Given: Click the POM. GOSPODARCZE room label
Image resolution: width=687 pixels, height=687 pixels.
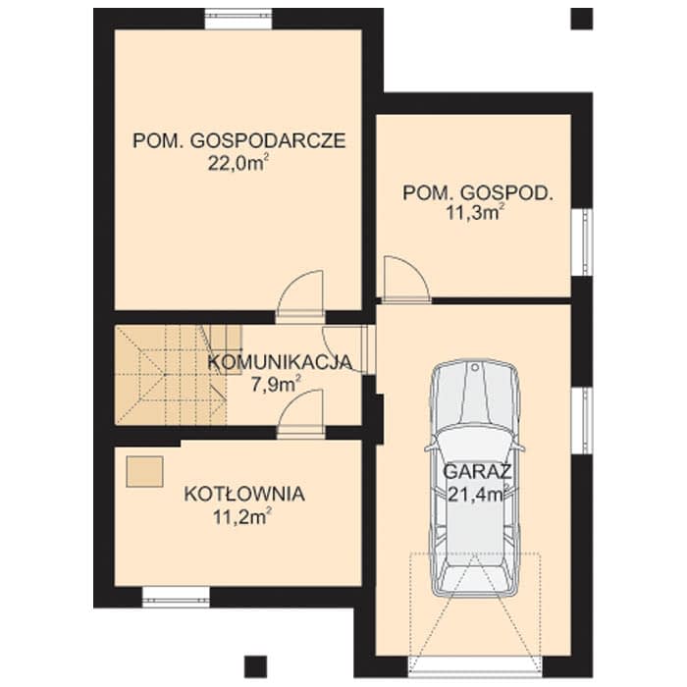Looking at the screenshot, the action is tap(239, 141).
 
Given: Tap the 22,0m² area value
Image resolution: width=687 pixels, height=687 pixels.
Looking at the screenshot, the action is tap(238, 164).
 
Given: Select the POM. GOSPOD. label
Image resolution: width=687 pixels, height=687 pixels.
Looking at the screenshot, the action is tap(478, 193).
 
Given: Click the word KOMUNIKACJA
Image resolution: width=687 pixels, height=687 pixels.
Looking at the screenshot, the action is tap(280, 362).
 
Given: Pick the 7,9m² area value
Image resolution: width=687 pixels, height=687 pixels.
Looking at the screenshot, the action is tap(276, 385).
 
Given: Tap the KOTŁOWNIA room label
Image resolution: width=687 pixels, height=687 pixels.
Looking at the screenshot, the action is tap(244, 495).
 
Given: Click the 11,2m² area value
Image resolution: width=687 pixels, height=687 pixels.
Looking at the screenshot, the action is tap(241, 517).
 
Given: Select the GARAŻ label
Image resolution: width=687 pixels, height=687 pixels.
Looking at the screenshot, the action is tap(478, 471).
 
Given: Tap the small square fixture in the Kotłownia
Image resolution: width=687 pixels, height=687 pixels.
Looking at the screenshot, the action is tap(145, 471).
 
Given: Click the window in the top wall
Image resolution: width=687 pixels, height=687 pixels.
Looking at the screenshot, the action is tap(239, 19).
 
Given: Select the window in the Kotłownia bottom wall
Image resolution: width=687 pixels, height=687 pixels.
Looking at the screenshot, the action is tap(176, 597).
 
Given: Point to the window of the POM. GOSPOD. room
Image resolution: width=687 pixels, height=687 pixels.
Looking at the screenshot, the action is tap(582, 241).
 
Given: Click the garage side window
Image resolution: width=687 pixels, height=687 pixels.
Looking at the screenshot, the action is tap(582, 421).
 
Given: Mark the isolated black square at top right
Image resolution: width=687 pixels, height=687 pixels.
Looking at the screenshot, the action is tap(582, 19).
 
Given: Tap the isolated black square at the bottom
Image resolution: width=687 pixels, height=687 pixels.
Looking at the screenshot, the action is tap(255, 666).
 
